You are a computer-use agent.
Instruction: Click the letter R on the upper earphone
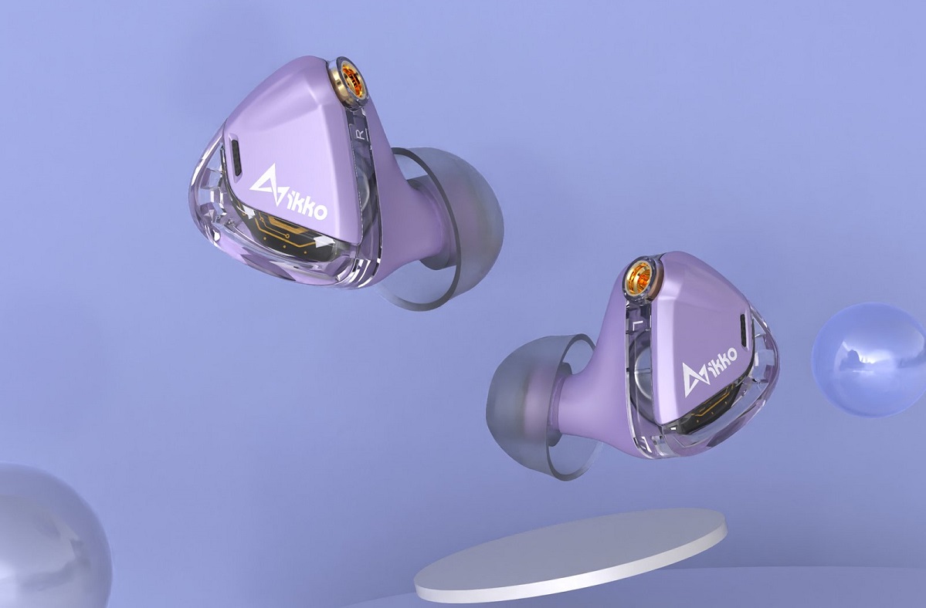click(360, 134)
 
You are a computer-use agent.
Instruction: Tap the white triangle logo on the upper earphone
click(267, 185)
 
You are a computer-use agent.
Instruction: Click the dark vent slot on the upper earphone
click(235, 157)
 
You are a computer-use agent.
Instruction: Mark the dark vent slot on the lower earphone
click(744, 331)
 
